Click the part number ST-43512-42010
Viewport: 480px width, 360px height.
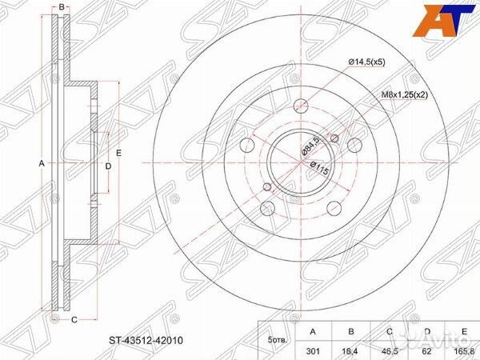pyautogui.click(x=146, y=341)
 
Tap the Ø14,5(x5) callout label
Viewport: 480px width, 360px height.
pyautogui.click(x=366, y=62)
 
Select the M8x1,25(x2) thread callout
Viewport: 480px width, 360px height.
pyautogui.click(x=404, y=95)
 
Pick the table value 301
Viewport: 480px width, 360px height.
pyautogui.click(x=313, y=351)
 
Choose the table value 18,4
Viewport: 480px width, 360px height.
pyautogui.click(x=351, y=351)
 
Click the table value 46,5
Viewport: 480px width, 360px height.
pyautogui.click(x=390, y=351)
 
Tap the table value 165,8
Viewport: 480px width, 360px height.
pyautogui.click(x=464, y=351)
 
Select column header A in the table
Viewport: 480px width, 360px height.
pyautogui.click(x=313, y=331)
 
